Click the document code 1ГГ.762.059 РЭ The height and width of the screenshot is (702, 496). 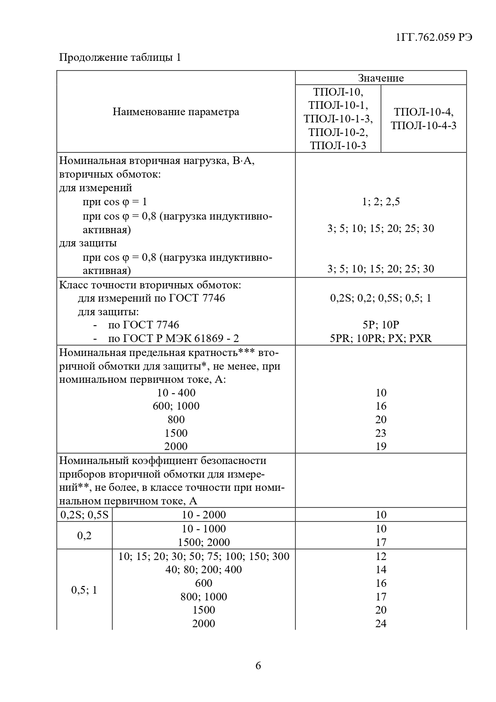(x=434, y=37)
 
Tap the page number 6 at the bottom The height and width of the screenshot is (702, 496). (x=258, y=666)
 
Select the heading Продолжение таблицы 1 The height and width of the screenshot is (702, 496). (x=120, y=58)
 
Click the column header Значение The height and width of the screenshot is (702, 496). (x=380, y=78)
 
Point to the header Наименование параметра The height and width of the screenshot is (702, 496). (x=176, y=112)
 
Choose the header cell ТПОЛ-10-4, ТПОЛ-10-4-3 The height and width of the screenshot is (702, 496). (x=424, y=118)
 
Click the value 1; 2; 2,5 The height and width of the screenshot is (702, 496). (x=380, y=202)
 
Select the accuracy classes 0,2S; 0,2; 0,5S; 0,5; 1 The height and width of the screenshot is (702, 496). (x=380, y=298)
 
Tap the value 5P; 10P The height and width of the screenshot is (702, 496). (x=380, y=325)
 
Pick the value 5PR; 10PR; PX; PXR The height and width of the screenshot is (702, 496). (x=380, y=338)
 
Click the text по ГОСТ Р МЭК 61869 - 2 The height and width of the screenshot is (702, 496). (x=173, y=338)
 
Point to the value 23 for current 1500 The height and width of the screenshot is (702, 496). (x=381, y=433)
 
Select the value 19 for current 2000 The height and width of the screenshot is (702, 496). (x=381, y=446)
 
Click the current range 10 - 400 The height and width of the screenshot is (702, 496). (x=176, y=393)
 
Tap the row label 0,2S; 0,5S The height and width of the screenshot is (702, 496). (x=84, y=515)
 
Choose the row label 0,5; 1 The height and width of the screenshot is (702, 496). (x=84, y=590)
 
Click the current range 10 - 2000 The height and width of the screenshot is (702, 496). (x=204, y=515)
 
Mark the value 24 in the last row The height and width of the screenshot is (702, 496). (x=381, y=623)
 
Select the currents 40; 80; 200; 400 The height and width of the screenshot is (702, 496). (x=204, y=570)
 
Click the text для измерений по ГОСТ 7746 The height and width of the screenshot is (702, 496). (x=151, y=298)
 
